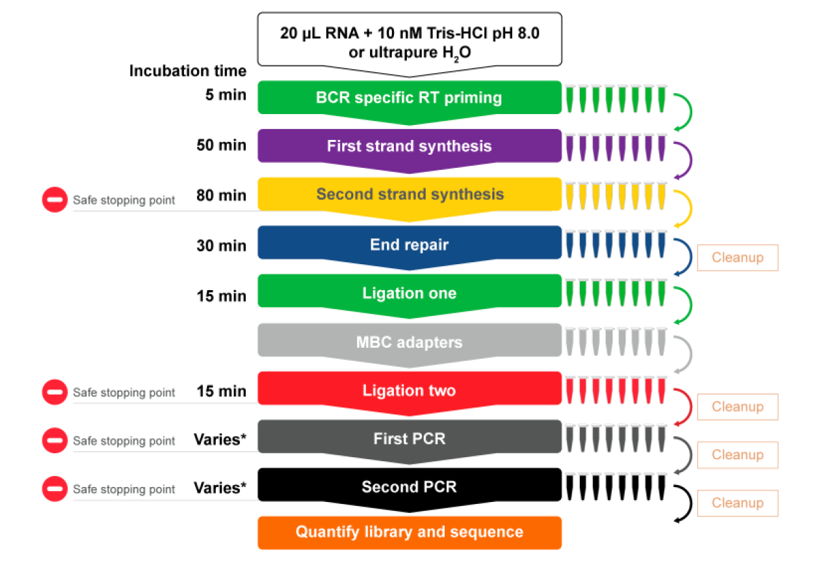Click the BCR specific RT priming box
409,98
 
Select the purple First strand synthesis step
409,146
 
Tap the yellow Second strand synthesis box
409,195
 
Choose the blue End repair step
409,244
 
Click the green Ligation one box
409,293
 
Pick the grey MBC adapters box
409,342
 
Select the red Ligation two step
409,391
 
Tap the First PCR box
409,439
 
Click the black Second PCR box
409,487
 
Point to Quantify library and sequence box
409,532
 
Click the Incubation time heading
188,71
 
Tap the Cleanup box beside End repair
737,258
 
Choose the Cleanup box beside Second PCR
737,503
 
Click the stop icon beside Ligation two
55,392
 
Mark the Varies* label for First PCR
220,440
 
